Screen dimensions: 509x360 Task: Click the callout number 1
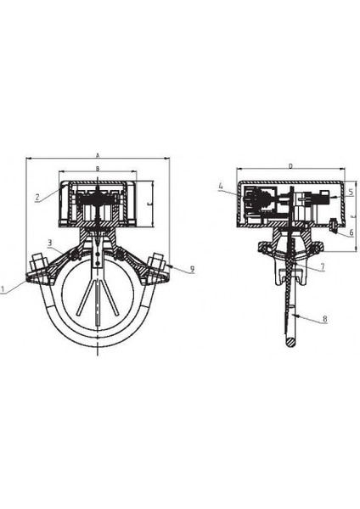pos(6,288)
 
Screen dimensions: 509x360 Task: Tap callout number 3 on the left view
pos(49,243)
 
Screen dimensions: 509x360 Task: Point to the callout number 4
pos(220,185)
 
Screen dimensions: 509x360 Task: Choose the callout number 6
pos(351,231)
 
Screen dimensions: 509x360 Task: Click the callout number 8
pos(324,320)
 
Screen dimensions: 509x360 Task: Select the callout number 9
pos(192,269)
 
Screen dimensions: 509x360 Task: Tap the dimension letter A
pos(98,155)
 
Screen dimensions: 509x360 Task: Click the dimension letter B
pos(98,170)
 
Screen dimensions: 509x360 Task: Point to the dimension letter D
pos(290,166)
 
